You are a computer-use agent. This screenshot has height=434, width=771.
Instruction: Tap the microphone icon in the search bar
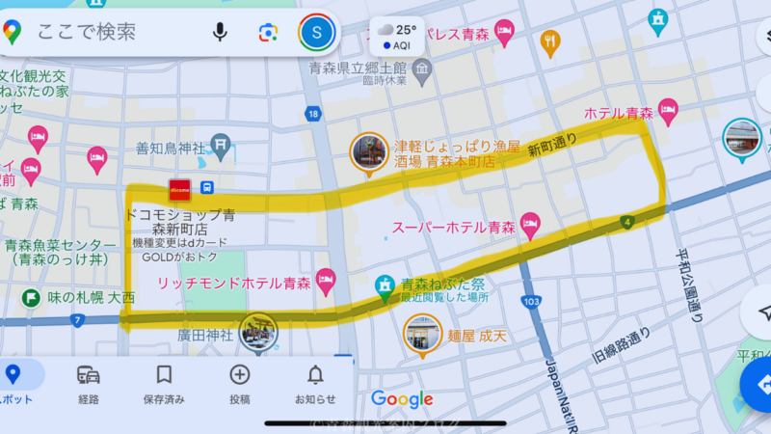point(221,33)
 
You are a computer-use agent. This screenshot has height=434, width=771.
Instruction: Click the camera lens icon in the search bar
point(268,33)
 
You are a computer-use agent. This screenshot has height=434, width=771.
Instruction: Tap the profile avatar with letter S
point(316,33)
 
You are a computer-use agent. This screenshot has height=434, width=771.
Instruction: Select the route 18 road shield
point(311,115)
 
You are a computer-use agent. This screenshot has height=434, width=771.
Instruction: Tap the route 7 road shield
point(77,319)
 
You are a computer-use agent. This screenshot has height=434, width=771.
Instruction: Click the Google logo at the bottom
point(402,399)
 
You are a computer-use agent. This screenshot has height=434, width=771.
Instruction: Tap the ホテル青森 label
point(619,113)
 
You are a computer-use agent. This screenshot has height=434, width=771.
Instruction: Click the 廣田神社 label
point(205,336)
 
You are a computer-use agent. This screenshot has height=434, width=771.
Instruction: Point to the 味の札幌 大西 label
point(92,297)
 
